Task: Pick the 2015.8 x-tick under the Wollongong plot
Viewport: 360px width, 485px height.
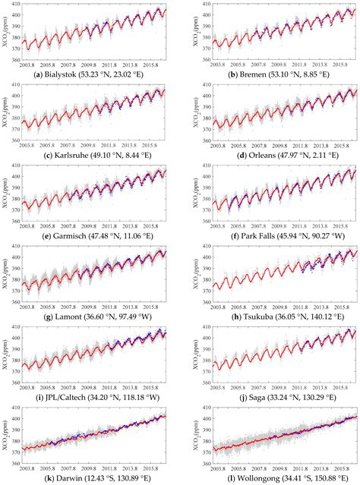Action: point(334,465)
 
